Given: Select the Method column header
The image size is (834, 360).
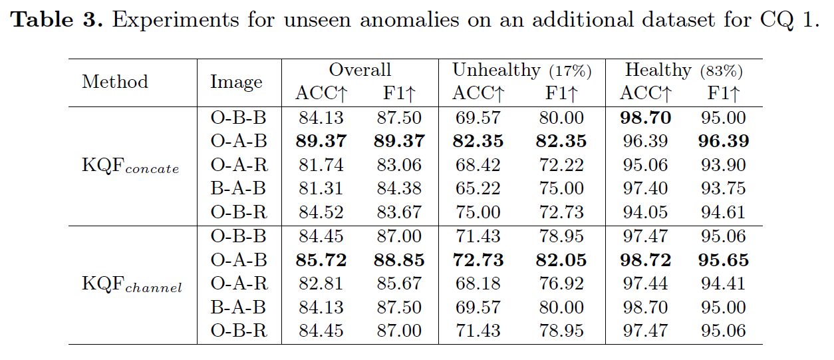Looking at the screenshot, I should pos(115,82).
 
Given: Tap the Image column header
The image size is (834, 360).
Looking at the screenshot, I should pos(236,82).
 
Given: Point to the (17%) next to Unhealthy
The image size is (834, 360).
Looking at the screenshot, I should pos(569,71).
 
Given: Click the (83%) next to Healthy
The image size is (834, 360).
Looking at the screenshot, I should pos(721,71).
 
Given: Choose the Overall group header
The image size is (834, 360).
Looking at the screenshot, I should pos(360,70).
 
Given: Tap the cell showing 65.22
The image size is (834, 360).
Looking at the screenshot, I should pos(478,189).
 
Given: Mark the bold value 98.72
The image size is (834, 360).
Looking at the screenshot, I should pos(645,260).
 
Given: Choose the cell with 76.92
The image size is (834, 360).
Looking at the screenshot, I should pos(561,283).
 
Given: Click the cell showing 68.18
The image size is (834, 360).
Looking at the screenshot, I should pos(478,283).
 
